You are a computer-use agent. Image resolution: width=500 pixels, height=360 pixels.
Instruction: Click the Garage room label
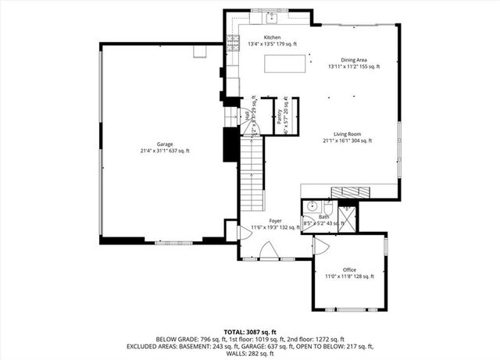(x=165, y=144)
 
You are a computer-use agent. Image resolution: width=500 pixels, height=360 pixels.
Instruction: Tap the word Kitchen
(x=272, y=37)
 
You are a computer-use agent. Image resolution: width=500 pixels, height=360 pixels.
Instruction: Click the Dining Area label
(x=354, y=60)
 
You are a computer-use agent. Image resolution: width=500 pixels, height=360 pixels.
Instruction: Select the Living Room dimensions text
(x=347, y=141)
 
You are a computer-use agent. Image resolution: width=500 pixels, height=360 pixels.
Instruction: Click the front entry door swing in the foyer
(x=266, y=251)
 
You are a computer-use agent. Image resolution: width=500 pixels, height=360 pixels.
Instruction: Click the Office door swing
(x=321, y=245)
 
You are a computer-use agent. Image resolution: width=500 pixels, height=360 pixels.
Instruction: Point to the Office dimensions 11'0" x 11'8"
(x=349, y=276)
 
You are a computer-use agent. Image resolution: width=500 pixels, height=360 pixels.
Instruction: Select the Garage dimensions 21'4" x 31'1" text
(x=165, y=151)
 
